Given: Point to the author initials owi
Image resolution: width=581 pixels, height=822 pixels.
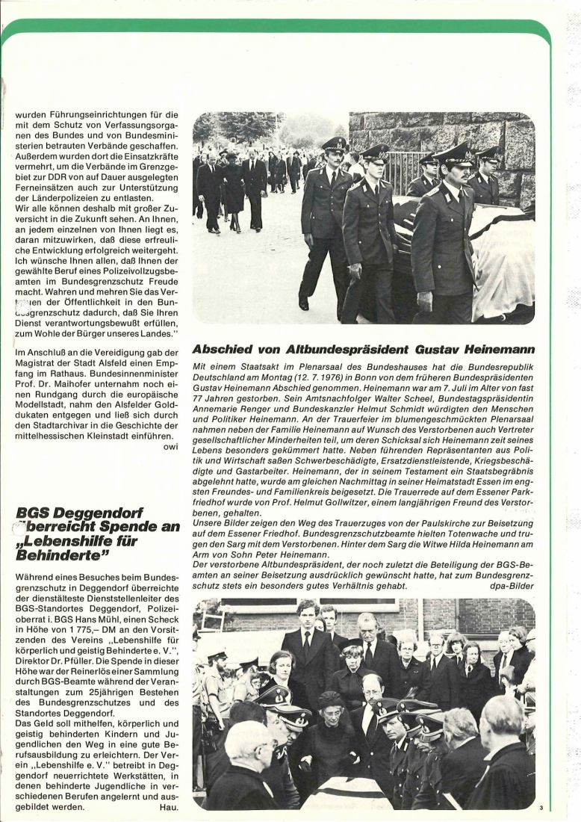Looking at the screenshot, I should (171, 447).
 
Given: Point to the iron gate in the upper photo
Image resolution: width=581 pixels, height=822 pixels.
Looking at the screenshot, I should (402, 171).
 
